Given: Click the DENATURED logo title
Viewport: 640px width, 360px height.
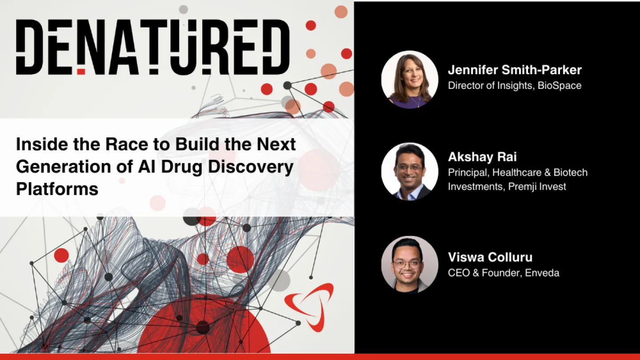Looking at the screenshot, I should pyautogui.click(x=152, y=47).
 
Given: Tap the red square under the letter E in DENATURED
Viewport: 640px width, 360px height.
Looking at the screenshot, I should pyautogui.click(x=81, y=71).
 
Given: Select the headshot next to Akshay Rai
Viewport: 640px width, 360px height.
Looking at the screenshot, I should pyautogui.click(x=409, y=171).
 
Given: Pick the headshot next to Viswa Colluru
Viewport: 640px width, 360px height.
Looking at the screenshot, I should pyautogui.click(x=409, y=264).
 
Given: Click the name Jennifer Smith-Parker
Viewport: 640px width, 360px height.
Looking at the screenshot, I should pyautogui.click(x=514, y=70).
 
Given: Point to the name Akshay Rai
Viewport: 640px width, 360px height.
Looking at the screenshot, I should pyautogui.click(x=482, y=157).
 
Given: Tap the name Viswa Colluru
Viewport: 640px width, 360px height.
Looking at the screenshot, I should pyautogui.click(x=490, y=257).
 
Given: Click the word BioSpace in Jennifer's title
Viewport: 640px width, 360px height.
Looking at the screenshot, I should pyautogui.click(x=560, y=86).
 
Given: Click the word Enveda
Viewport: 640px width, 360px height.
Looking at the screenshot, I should pyautogui.click(x=542, y=272).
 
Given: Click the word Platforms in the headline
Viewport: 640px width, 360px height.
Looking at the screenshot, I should pyautogui.click(x=57, y=189).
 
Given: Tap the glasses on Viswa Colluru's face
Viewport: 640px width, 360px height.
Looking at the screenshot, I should pyautogui.click(x=407, y=263).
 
